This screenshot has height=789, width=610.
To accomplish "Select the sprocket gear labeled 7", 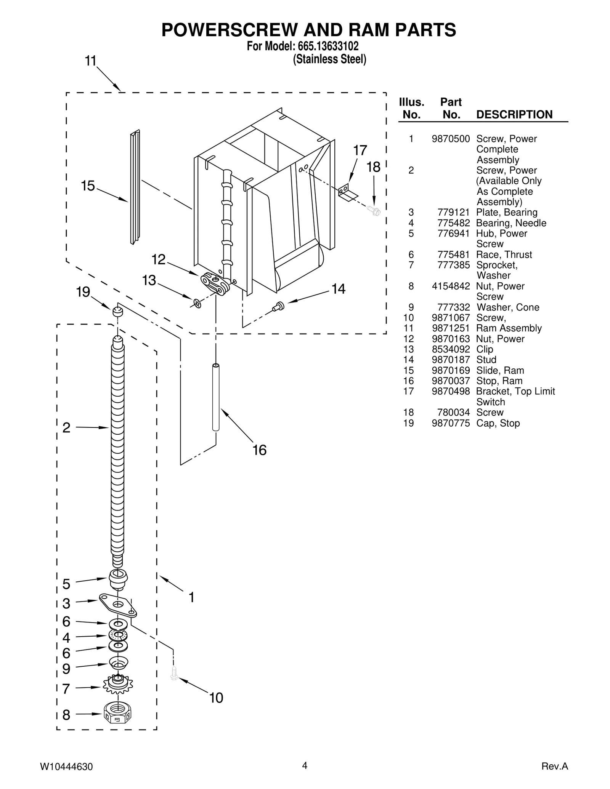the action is (x=117, y=686).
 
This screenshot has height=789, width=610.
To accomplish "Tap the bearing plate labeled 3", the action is (x=118, y=605).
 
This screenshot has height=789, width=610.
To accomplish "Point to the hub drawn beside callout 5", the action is (x=118, y=579).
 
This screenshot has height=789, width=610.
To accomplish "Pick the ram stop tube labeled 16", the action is (x=216, y=398).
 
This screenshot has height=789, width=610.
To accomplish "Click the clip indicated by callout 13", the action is (x=197, y=303).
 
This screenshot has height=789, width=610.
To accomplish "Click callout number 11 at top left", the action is (x=90, y=61).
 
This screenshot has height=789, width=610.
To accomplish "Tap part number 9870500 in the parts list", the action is (x=451, y=139).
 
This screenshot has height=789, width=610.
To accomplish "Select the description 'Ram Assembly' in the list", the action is (x=509, y=328).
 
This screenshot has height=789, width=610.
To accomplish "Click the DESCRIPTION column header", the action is (x=514, y=114).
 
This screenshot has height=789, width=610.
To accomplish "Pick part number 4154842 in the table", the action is (x=451, y=286).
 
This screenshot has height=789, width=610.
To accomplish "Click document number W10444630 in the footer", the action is (x=66, y=767).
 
